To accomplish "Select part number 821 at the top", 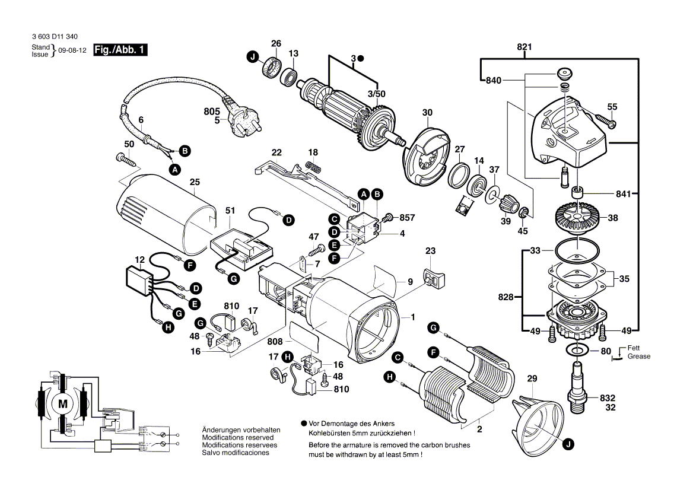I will tap(524, 47).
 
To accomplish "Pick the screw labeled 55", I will tap(606, 121).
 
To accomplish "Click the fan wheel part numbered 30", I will tap(425, 155).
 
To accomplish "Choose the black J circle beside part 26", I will tap(253, 57).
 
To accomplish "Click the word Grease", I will tap(640, 357).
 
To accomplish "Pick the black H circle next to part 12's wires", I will tap(168, 327).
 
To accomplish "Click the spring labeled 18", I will tap(313, 167).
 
